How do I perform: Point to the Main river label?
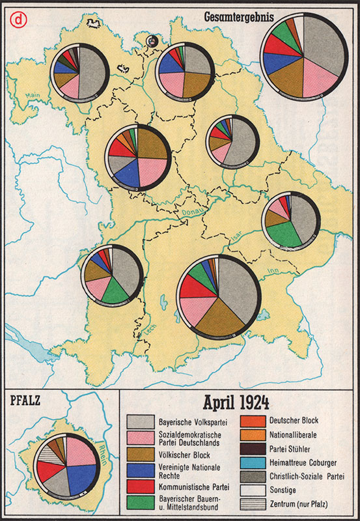[32, 97]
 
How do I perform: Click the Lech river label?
[152, 330]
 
